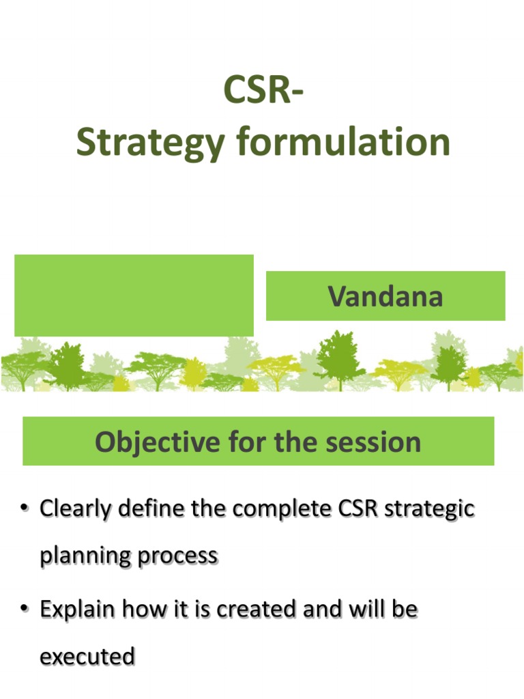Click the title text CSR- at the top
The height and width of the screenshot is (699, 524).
pyautogui.click(x=263, y=91)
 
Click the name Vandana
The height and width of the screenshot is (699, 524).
pyautogui.click(x=385, y=296)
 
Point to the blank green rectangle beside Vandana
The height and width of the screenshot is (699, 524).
pyautogui.click(x=134, y=295)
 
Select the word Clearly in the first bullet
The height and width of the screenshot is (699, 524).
pyautogui.click(x=74, y=509)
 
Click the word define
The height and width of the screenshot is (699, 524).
pyautogui.click(x=149, y=509)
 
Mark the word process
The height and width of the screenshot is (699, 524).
pyautogui.click(x=177, y=556)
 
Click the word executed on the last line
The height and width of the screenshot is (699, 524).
pyautogui.click(x=87, y=657)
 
